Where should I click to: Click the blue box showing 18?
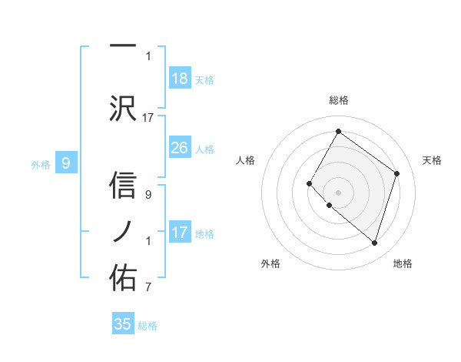(180, 79)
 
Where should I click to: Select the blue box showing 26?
(180, 148)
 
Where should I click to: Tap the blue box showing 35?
(123, 324)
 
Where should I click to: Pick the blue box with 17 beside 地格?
(180, 233)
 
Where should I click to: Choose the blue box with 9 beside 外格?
(66, 163)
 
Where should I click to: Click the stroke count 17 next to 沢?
(148, 117)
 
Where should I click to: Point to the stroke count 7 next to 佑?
(148, 287)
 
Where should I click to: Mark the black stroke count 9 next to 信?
(148, 195)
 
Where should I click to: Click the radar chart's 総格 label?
(338, 100)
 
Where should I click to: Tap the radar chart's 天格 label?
(433, 160)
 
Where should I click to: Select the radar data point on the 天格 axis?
(397, 173)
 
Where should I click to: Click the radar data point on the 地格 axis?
(374, 243)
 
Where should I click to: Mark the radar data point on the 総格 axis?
(338, 132)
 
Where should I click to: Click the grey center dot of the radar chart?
(338, 192)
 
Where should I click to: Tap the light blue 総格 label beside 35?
(148, 326)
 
